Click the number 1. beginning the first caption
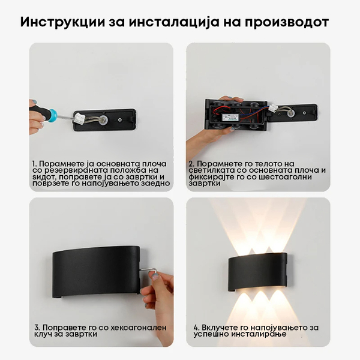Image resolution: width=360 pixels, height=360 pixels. (x=35, y=163)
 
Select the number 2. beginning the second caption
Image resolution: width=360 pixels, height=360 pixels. (x=191, y=163)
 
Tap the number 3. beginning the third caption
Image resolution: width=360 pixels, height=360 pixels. (x=35, y=328)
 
